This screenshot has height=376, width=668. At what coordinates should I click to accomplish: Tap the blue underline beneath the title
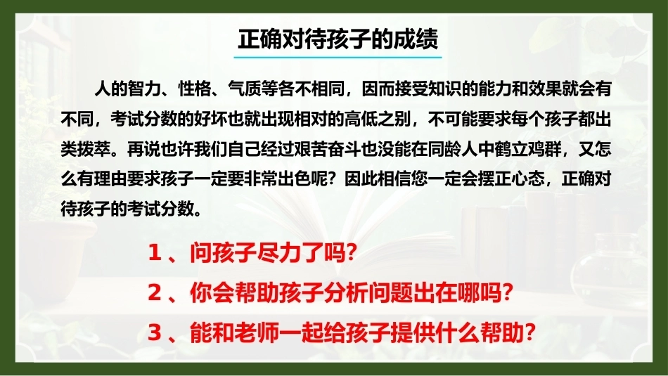pyautogui.click(x=338, y=57)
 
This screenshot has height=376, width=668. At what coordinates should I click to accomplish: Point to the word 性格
pyautogui.click(x=194, y=89)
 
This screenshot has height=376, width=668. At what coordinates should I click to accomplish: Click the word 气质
pyautogui.click(x=244, y=89)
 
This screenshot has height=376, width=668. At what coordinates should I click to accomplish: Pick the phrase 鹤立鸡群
pyautogui.click(x=528, y=149)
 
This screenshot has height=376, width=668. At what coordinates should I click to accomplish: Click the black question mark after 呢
pyautogui.click(x=335, y=179)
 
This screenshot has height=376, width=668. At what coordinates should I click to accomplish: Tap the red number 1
pyautogui.click(x=154, y=253)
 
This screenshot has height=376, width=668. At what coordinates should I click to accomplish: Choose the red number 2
pyautogui.click(x=154, y=293)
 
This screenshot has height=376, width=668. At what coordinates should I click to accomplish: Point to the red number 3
pyautogui.click(x=154, y=332)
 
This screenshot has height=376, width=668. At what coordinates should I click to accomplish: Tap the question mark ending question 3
pyautogui.click(x=529, y=332)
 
